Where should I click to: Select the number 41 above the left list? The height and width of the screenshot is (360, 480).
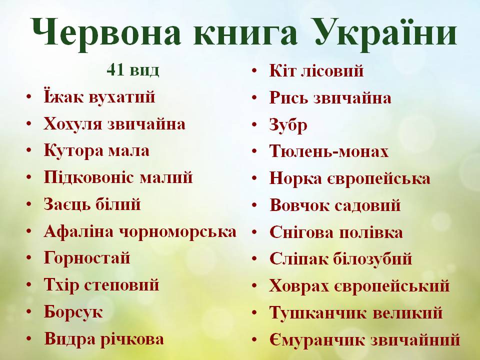click(114, 70)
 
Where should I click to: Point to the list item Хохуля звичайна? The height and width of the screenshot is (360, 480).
click(114, 123)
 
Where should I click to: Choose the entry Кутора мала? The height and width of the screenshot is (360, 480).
click(96, 150)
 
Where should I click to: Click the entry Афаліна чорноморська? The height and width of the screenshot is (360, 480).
click(140, 231)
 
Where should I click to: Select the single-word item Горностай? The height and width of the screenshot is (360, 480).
click(87, 258)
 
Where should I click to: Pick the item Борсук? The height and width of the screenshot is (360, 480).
click(73, 312)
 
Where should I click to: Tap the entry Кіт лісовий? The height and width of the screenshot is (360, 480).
click(316, 71)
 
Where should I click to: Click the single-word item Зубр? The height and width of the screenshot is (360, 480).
click(288, 124)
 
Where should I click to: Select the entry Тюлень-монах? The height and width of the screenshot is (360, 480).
click(328, 151)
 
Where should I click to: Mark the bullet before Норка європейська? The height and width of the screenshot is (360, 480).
click(255, 179)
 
